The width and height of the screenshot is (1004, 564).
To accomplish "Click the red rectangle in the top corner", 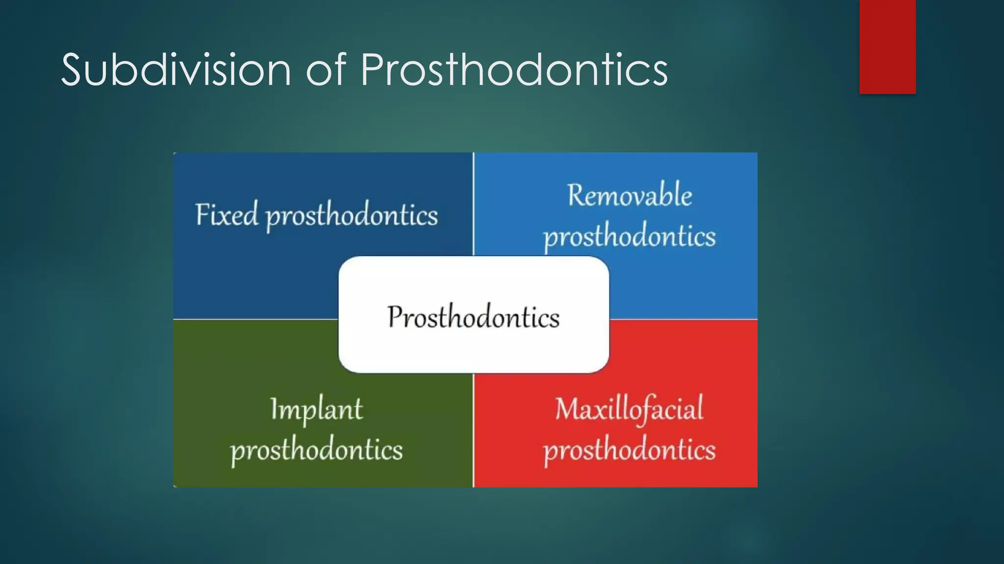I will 887,47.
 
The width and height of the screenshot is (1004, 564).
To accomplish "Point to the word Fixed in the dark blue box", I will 226,214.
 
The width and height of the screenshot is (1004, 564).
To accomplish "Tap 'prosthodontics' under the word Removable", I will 629,237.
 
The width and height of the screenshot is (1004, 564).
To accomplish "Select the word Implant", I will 316,409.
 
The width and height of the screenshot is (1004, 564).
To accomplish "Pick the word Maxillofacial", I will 629,409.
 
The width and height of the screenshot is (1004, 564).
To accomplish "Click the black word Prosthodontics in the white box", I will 473,317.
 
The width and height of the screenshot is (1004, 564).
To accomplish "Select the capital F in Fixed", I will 202,214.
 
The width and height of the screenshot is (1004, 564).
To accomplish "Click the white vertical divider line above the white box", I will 474,203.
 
